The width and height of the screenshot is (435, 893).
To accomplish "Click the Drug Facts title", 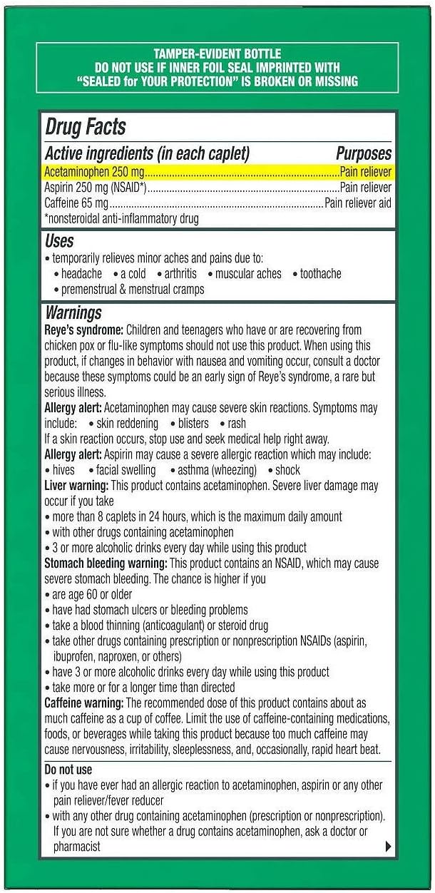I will point(85,128).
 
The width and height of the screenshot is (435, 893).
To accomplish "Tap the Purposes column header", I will point(364,153).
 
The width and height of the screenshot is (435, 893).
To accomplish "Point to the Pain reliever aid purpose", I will point(358,203).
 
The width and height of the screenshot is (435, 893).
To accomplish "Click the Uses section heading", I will point(59,241).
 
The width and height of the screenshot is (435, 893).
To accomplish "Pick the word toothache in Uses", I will point(320,274).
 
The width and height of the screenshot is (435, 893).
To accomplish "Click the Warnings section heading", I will point(73,312).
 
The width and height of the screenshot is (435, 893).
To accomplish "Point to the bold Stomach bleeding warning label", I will point(106,563).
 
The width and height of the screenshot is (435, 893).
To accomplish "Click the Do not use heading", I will point(68,770).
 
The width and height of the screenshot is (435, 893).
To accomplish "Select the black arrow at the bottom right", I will point(388,847).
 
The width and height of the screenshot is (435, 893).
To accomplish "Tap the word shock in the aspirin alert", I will point(287,470).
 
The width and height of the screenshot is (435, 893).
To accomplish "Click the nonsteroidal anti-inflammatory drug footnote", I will point(121,219).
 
